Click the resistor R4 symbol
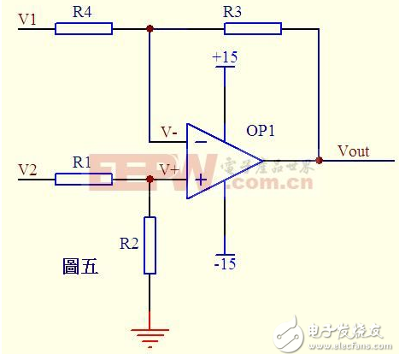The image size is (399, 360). pyautogui.click(x=83, y=28)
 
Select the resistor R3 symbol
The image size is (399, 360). pyautogui.click(x=252, y=28)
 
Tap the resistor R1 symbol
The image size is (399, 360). pyautogui.click(x=83, y=179)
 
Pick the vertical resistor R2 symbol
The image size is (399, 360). pyautogui.click(x=150, y=245)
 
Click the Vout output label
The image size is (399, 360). pyautogui.click(x=353, y=151)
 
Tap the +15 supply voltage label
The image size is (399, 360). pyautogui.click(x=225, y=57)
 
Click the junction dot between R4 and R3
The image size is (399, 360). pyautogui.click(x=150, y=28)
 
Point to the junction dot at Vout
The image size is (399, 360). pyautogui.click(x=320, y=160)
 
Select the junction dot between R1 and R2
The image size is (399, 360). pyautogui.click(x=150, y=179)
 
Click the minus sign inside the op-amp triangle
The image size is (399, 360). pyautogui.click(x=201, y=140)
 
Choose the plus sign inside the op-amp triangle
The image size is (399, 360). pyautogui.click(x=201, y=180)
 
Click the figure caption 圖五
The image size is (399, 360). pyautogui.click(x=81, y=266)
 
